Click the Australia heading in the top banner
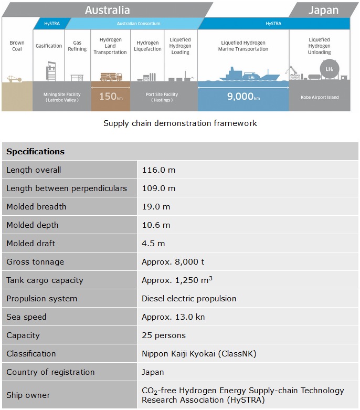[x=107, y=9]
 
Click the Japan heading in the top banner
[x=323, y=9]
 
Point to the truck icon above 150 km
[x=110, y=77]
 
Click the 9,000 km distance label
[x=243, y=97]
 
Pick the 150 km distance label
[x=110, y=97]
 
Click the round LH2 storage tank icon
[x=330, y=69]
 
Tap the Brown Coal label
[x=16, y=46]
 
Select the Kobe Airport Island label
[x=320, y=97]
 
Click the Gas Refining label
[x=77, y=46]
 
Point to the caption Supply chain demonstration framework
[x=180, y=123]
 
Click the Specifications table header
[x=36, y=152]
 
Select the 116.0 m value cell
[x=158, y=170]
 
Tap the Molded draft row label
[x=30, y=244]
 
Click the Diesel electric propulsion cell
[x=189, y=299]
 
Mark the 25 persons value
[x=164, y=335]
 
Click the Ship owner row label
[x=28, y=395]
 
